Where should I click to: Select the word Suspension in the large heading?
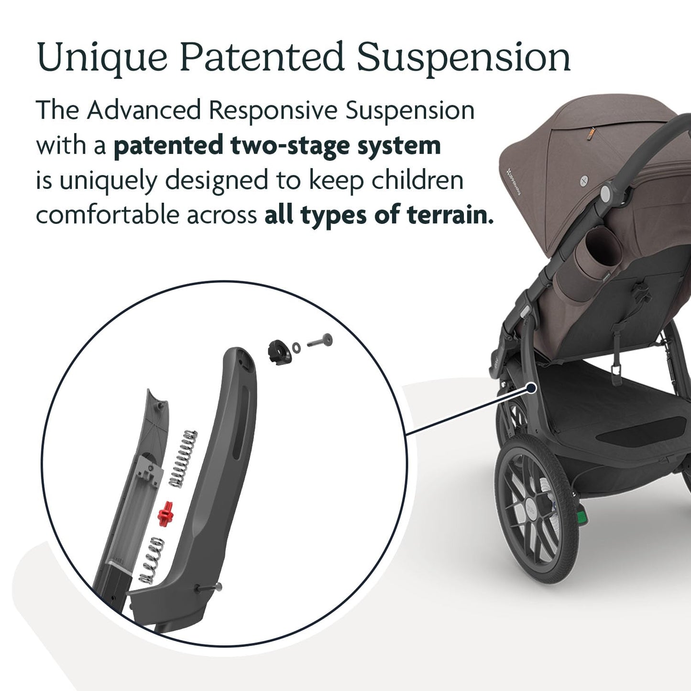[x=463, y=58]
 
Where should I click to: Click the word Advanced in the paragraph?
[x=143, y=110]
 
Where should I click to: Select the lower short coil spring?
[x=152, y=558]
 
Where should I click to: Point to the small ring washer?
[x=296, y=346]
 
